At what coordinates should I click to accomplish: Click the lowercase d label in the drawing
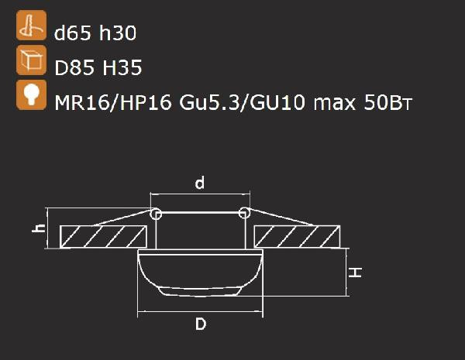coord(200,183)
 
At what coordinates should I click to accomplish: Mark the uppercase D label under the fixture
coord(200,325)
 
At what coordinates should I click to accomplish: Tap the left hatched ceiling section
coord(103,237)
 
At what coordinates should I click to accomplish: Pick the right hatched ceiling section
coord(297,237)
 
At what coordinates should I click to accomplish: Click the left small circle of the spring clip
coord(156,213)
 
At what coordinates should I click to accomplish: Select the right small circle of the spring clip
coord(244,213)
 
